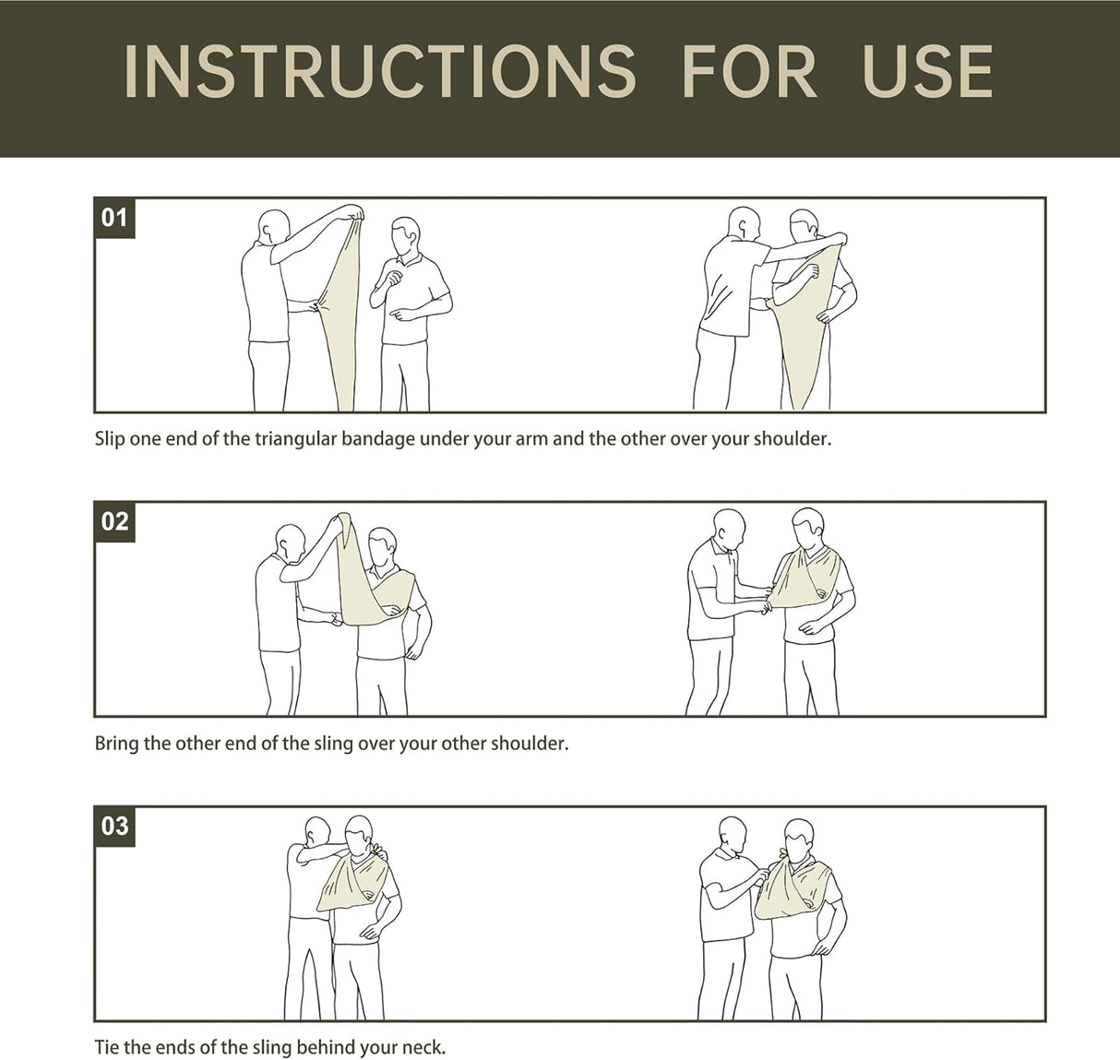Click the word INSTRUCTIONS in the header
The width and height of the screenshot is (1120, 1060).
tap(379, 71)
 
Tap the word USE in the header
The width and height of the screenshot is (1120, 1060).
tap(927, 71)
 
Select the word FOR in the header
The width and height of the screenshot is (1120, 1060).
tap(749, 71)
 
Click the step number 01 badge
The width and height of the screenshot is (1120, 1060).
tap(114, 219)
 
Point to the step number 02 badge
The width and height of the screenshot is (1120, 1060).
tap(114, 522)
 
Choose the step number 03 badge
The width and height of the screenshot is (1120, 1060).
tap(114, 827)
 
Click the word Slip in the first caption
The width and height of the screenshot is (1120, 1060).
tap(110, 439)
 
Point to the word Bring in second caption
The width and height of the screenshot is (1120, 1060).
tap(116, 744)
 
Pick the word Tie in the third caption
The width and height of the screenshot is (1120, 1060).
tap(106, 1047)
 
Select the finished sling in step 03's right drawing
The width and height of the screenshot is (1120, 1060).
tap(793, 891)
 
